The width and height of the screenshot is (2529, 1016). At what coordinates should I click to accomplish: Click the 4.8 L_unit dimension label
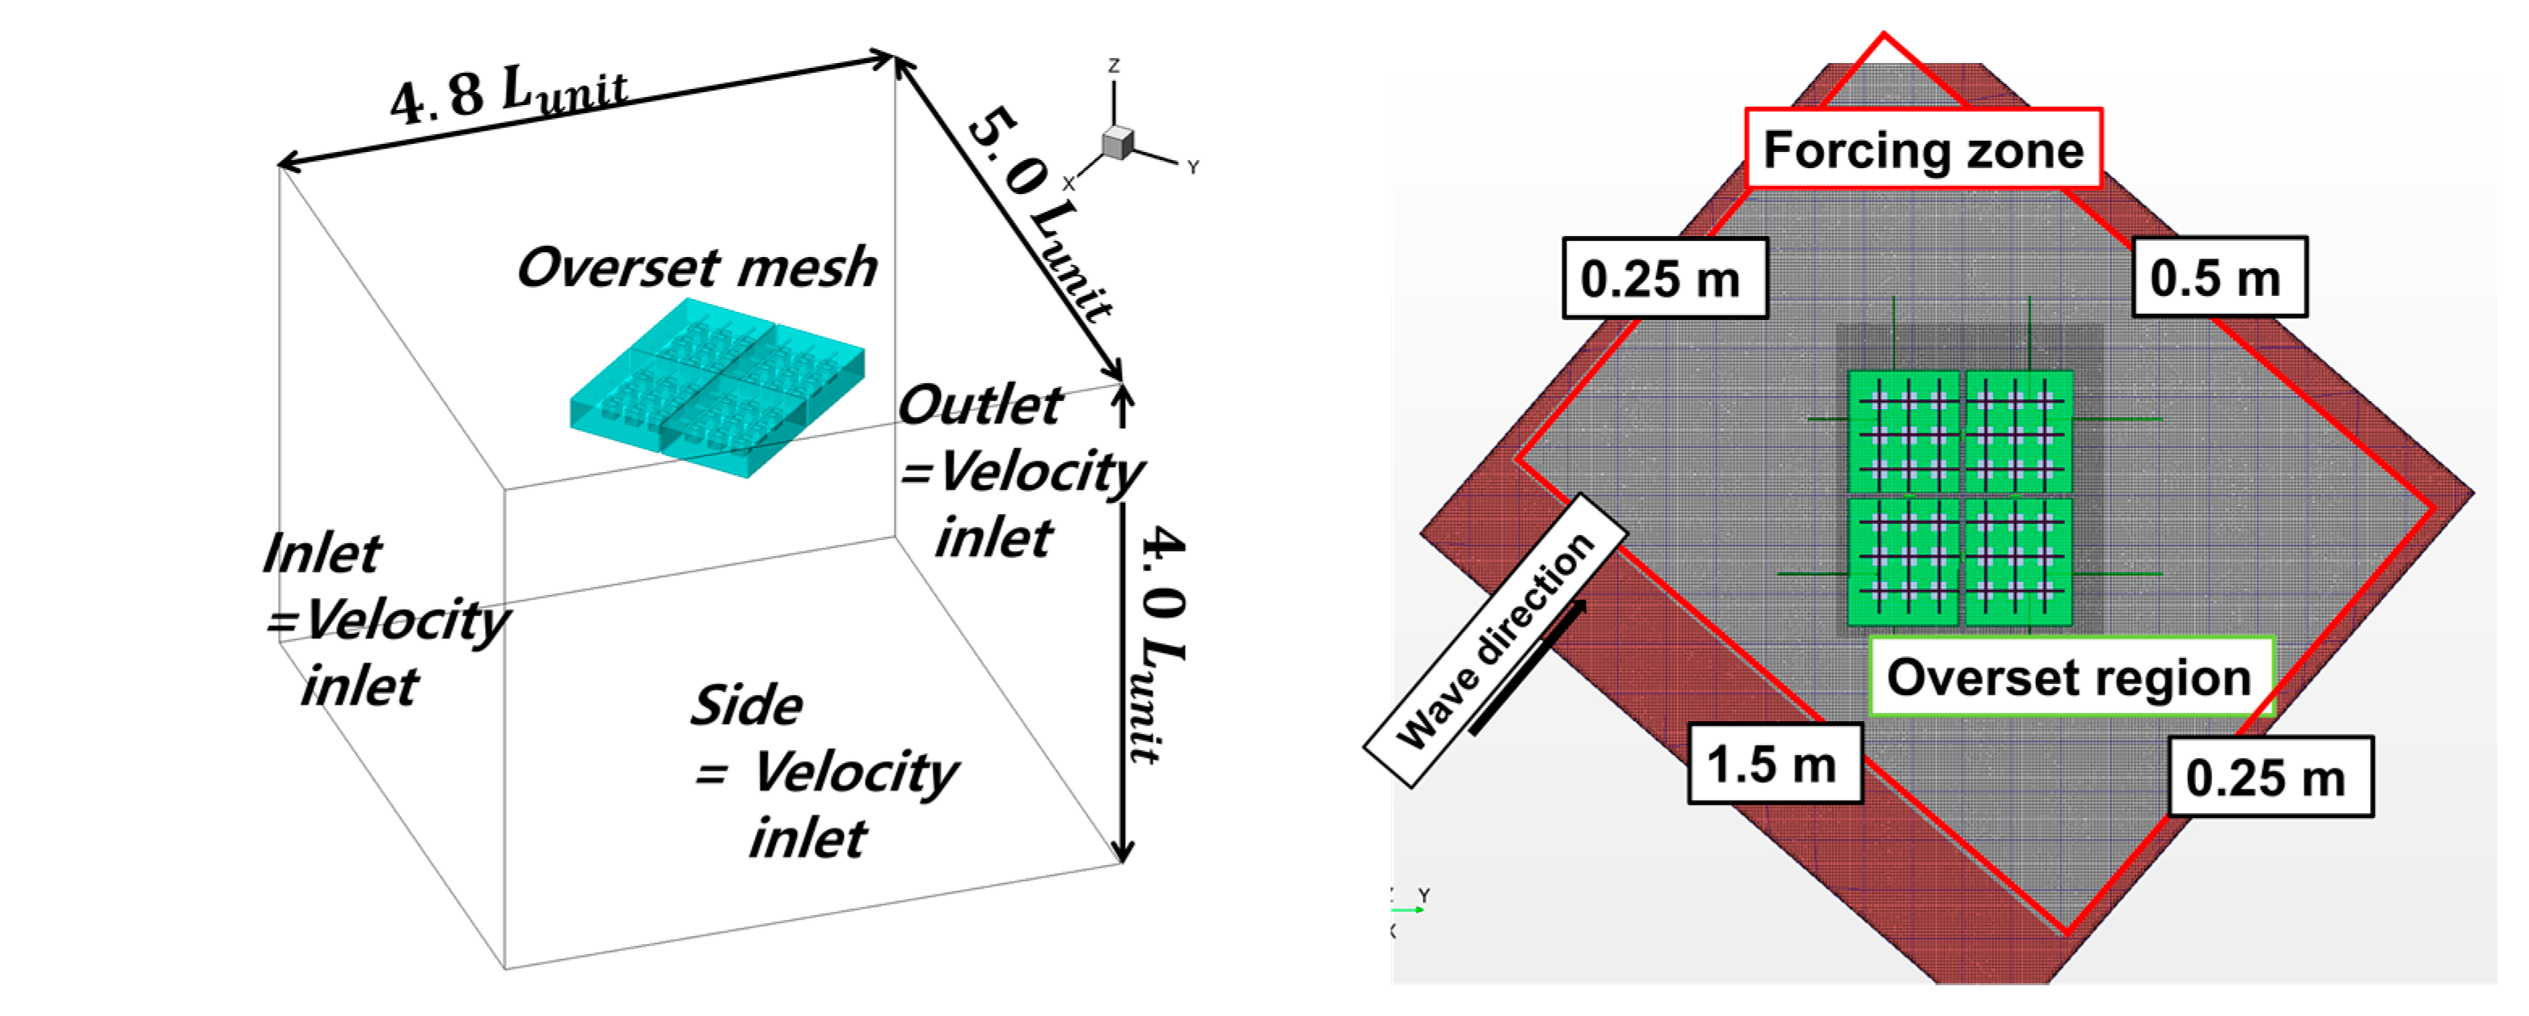[x=508, y=95]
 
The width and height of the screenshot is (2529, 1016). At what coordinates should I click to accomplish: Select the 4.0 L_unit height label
[x=1158, y=643]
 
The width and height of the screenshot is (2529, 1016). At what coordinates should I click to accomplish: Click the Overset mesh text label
[x=697, y=267]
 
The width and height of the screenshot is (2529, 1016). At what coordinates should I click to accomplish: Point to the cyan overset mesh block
[x=717, y=388]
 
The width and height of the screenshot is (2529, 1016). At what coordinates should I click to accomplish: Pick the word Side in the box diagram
[x=746, y=705]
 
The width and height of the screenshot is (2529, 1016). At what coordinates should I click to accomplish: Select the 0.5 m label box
[x=2219, y=278]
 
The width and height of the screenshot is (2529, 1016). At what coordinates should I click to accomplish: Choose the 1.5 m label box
[x=1774, y=764]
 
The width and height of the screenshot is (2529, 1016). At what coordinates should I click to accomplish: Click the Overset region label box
[x=2070, y=677]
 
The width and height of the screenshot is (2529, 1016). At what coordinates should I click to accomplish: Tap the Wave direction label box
[x=1494, y=640]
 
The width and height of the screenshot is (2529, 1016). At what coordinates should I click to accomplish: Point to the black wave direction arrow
[x=1528, y=668]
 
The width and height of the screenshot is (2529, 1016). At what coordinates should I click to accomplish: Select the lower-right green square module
[x=2018, y=562]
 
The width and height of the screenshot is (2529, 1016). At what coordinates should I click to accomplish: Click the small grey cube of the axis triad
[x=1117, y=142]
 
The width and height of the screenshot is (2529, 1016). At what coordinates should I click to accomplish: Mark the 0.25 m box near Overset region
[x=2270, y=778]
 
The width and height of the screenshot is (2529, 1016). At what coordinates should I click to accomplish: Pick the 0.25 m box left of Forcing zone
[x=1664, y=279]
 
